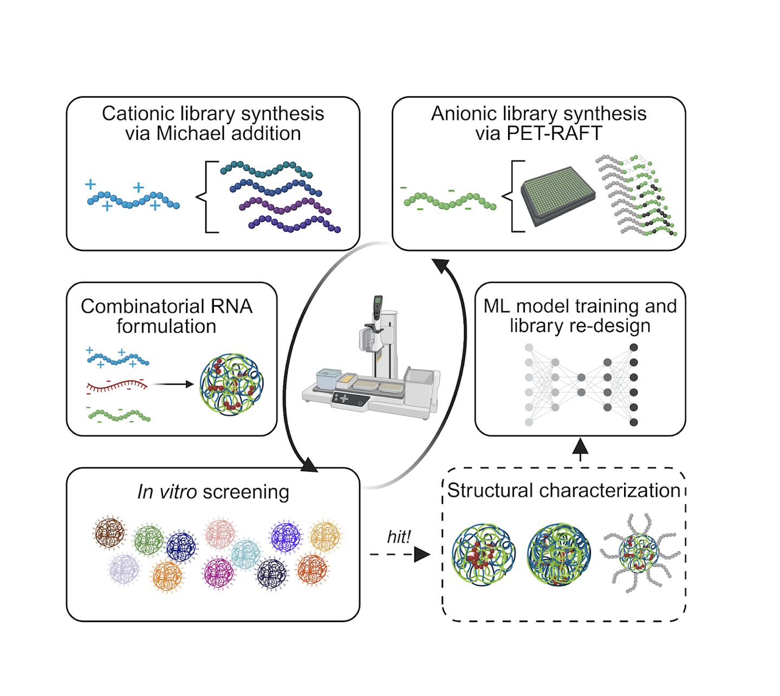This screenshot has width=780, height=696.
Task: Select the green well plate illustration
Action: coord(558,196)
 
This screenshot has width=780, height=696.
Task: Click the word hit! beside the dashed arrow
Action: coord(399,537)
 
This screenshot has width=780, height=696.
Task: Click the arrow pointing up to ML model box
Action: coord(580,449)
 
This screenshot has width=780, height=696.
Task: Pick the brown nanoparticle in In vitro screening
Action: coord(109,533)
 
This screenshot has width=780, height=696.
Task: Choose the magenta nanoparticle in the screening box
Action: coord(218,572)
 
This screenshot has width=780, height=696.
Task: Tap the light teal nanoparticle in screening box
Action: coord(246,554)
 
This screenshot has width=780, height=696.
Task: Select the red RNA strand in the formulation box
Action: coord(117,386)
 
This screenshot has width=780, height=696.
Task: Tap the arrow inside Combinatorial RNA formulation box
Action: coord(173,384)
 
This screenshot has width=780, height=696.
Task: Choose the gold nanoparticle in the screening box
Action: coord(325,536)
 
